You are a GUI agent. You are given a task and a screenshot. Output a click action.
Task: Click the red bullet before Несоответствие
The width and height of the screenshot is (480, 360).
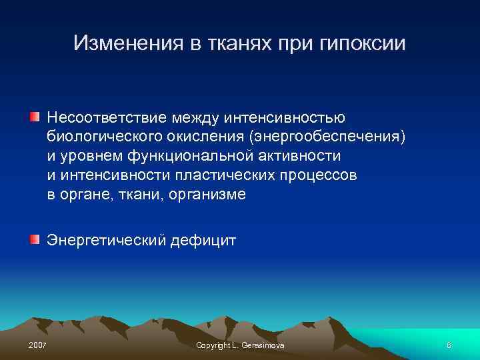click(34, 117)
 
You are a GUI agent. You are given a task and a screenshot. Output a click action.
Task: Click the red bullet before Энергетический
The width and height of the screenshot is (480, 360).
click(34, 238)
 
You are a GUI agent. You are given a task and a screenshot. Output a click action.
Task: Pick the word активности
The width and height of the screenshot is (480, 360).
click(299, 156)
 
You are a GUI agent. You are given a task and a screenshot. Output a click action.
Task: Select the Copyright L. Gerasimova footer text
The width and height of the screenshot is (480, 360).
click(239, 345)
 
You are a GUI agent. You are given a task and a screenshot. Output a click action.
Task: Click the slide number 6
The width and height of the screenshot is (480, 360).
click(449, 345)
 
